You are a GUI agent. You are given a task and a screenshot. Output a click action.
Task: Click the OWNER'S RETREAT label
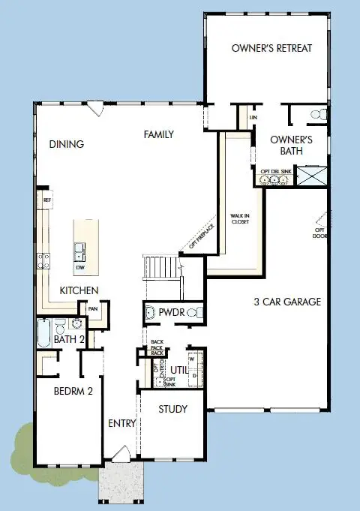click(271, 49)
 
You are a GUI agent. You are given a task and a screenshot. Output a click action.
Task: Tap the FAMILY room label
click(159, 135)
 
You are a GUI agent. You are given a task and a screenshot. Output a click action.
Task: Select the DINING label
click(67, 144)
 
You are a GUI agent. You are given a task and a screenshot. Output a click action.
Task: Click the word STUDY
click(172, 410)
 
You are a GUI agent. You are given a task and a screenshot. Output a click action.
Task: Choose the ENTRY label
click(121, 423)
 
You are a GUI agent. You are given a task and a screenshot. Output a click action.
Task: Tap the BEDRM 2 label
click(73, 391)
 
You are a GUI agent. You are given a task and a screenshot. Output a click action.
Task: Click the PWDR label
click(169, 312)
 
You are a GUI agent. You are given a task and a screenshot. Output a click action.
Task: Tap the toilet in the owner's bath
click(319, 115)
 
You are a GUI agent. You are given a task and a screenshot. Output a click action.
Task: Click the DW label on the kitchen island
click(80, 267)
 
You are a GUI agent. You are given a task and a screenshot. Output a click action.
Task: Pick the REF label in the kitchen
click(47, 200)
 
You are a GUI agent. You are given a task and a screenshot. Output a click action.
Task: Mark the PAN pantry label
click(94, 308)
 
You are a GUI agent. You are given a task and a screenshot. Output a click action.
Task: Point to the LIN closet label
click(253, 118)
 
